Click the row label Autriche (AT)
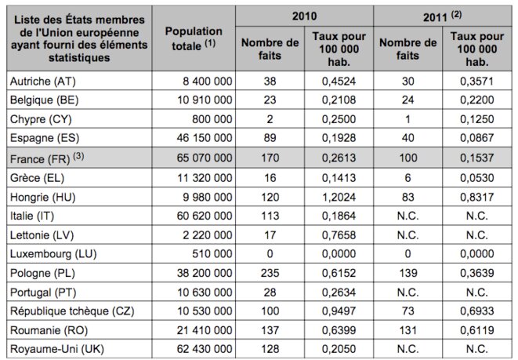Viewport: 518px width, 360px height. tap(43, 82)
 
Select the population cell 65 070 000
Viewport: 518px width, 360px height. tap(205, 158)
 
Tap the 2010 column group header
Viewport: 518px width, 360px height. tap(304, 16)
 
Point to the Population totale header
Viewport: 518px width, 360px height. tap(194, 38)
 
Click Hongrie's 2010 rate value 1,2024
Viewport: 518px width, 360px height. tap(339, 197)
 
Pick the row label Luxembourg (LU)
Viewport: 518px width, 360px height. tap(53, 254)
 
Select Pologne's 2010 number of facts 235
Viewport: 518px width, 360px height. tap(270, 273)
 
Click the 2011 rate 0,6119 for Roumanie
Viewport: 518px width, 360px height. tap(477, 330)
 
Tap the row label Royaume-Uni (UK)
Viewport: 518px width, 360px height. tap(57, 349)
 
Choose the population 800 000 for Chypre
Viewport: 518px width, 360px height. tap(212, 119)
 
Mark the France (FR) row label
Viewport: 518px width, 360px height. tap(47, 158)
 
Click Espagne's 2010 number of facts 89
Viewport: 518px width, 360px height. tap(270, 138)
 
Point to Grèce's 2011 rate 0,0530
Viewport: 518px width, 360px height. tap(477, 178)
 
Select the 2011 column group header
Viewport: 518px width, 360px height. tap(442, 16)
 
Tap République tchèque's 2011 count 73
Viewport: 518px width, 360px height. tap(408, 311)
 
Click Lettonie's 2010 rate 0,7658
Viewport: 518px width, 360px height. tap(339, 235)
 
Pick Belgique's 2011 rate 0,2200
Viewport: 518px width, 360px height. tap(477, 100)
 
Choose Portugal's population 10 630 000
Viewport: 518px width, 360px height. tap(205, 293)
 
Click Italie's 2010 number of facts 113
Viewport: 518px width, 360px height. tap(270, 216)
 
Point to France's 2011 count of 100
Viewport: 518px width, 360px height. tap(408, 158)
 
